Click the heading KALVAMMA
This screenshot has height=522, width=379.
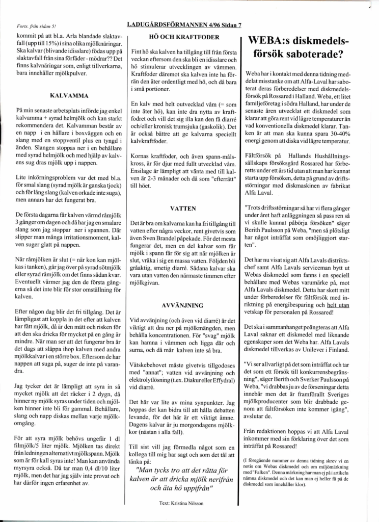tap(70, 95)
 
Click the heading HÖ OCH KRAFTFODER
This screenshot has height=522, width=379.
tap(183, 37)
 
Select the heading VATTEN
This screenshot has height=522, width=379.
tap(184, 208)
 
